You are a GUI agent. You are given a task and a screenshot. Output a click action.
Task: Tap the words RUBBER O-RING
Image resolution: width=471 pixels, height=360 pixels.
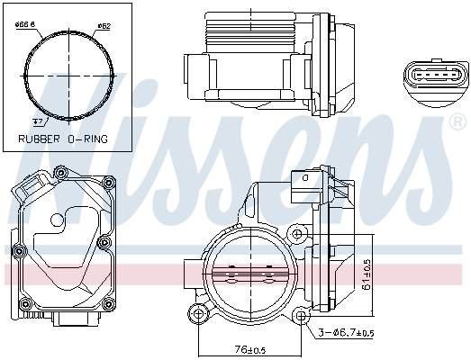pyautogui.click(x=64, y=139)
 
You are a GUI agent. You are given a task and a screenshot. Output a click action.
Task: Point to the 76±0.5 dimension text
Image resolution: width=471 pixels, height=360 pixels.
pyautogui.click(x=249, y=350)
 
